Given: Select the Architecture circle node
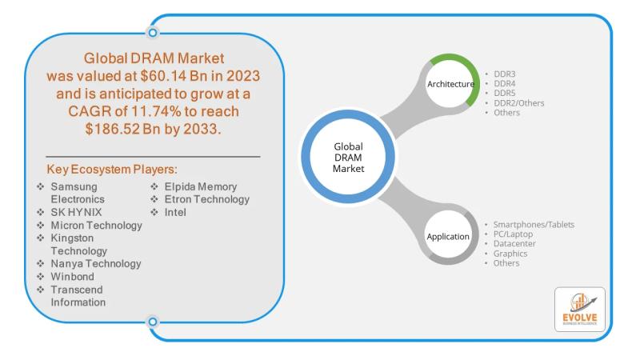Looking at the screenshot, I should coord(450,83).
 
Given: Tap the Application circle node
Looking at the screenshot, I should coord(448,237).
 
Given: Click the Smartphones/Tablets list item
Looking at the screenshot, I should coord(534,225).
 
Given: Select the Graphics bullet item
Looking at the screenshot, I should coord(510,254).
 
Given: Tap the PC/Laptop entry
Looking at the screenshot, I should coord(514,234).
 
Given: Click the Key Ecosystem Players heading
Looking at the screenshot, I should coord(113,170).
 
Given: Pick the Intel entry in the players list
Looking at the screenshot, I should coord(177,213).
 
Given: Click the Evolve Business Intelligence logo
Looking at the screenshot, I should coord(579,310).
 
